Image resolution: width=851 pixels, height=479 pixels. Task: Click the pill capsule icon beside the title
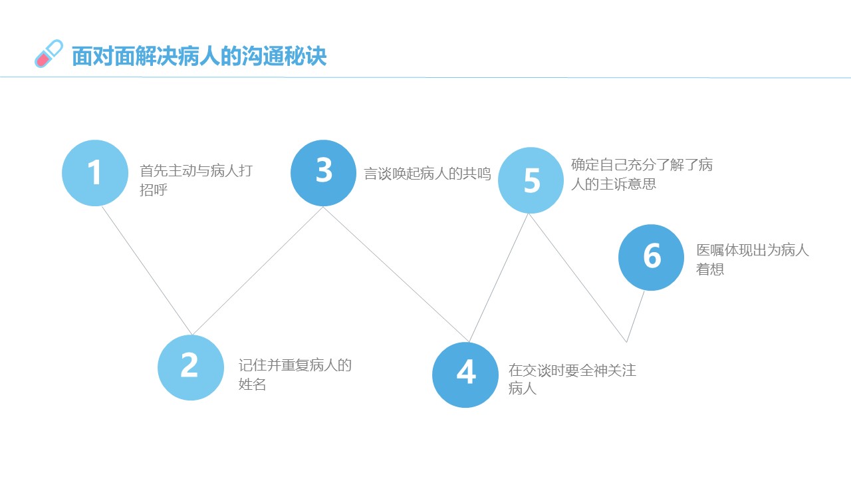point(49,54)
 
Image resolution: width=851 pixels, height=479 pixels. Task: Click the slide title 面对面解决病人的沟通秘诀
point(199,57)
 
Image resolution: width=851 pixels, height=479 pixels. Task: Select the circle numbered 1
point(95,173)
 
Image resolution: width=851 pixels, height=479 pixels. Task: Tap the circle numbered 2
point(191,367)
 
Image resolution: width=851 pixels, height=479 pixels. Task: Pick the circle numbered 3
point(323,173)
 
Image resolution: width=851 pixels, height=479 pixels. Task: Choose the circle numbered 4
point(465,375)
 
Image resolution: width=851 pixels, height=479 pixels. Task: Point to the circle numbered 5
point(531,180)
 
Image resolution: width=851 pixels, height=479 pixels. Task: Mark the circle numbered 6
point(651,257)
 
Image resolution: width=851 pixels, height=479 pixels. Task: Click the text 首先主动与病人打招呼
point(196,180)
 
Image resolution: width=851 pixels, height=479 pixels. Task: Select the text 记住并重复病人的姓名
point(295,375)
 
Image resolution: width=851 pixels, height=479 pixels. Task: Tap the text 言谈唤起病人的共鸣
point(427,174)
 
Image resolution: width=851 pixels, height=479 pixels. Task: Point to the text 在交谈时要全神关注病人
point(572,379)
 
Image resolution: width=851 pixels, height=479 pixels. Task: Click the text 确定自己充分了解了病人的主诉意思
point(642,174)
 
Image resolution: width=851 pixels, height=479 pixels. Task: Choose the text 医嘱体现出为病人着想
point(753,259)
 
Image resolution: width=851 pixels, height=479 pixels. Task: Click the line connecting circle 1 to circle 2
point(147,271)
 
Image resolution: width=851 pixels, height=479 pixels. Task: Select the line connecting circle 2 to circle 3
point(257,271)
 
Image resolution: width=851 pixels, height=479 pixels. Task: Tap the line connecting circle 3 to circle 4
point(396,274)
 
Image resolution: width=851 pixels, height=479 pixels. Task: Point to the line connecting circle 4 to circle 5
point(499,277)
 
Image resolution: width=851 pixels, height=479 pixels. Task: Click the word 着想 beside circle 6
point(710,269)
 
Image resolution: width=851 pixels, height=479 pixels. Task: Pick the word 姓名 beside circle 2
point(252,385)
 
